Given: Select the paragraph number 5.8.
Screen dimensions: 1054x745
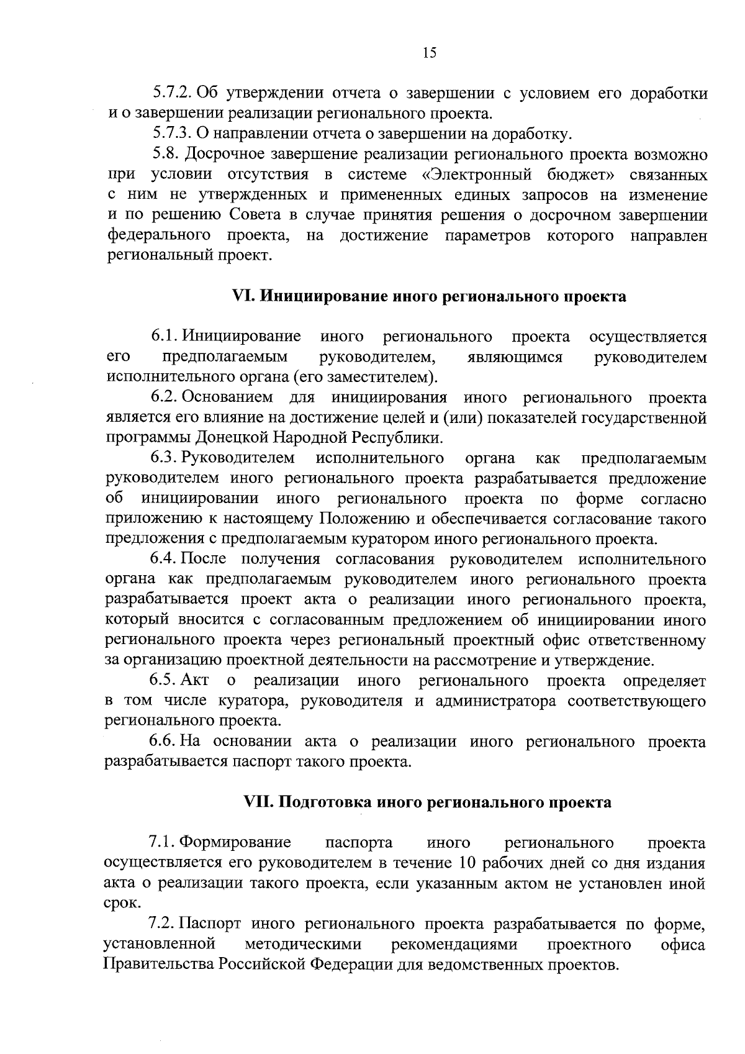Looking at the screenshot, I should click(x=165, y=154).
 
